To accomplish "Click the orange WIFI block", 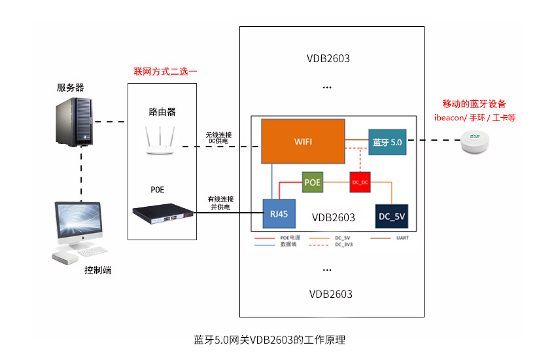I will [303, 141].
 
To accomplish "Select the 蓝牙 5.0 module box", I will [387, 142].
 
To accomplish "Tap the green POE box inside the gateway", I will [312, 182].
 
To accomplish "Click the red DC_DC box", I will [360, 182].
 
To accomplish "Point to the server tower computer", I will [73, 121].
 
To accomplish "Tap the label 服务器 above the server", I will [70, 88].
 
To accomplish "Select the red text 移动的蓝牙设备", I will [474, 104].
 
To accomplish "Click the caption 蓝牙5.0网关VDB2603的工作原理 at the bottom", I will [269, 340].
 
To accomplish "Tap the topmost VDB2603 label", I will [328, 58].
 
